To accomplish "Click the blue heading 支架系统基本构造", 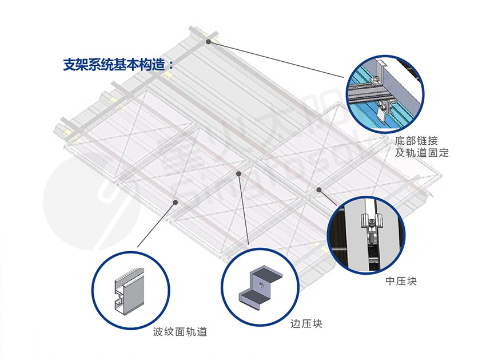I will (x=114, y=65).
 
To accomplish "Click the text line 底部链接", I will (x=413, y=140).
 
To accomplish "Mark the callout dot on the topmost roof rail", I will (x=209, y=42).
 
